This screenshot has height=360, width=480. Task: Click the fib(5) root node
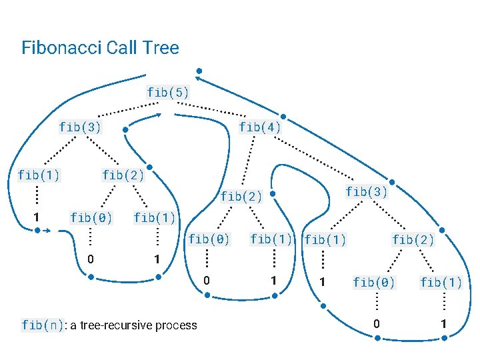(168, 93)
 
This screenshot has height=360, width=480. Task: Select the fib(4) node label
(260, 127)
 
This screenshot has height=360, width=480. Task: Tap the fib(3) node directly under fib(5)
(80, 127)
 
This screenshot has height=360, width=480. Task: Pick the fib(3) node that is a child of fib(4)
(367, 192)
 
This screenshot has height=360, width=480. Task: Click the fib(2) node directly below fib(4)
(241, 196)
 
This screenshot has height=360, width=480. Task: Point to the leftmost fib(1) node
(39, 175)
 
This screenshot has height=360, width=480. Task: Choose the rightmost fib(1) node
(441, 283)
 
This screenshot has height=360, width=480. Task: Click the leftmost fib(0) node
(91, 217)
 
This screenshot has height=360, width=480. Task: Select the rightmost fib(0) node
(374, 283)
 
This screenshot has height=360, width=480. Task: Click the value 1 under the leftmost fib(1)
(37, 217)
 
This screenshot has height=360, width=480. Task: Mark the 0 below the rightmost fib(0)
(377, 324)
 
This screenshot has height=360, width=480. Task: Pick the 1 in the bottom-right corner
(442, 324)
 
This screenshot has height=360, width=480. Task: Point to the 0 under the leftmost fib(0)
(89, 259)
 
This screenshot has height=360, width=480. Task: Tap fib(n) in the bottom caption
(43, 325)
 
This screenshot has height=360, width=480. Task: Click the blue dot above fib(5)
(199, 71)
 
